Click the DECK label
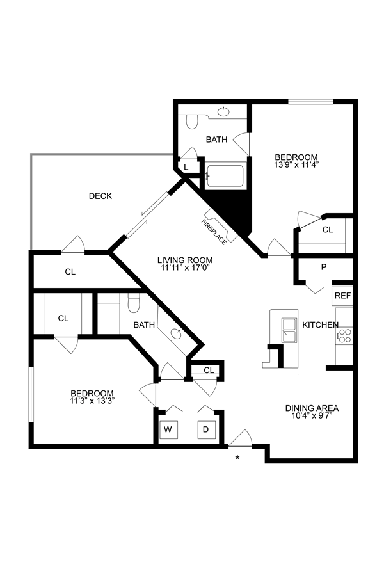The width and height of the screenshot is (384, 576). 100,196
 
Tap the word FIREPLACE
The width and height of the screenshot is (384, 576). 213,231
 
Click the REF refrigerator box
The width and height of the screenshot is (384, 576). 342,296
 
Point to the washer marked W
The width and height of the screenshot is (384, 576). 168,429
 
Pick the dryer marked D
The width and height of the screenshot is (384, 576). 206,429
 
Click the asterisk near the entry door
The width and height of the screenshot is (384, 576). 237,457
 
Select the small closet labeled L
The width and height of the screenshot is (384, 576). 186,167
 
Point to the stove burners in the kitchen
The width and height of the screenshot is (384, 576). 345,335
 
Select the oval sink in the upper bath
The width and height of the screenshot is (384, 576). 223,112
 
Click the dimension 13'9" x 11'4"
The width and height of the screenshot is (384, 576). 296,164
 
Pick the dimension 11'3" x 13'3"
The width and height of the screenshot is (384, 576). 92,401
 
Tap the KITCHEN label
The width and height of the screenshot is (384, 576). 320,325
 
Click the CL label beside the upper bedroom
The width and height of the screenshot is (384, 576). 328,230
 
